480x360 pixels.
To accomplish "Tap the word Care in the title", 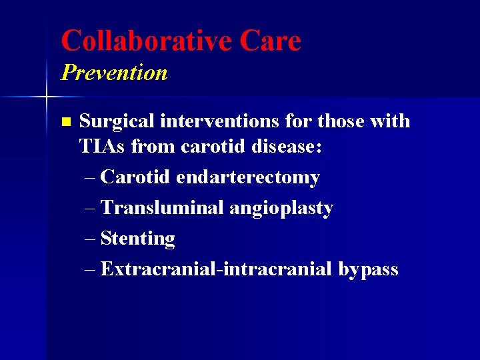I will coord(270,41).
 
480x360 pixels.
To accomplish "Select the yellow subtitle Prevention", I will coord(114,72).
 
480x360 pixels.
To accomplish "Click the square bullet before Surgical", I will coord(65,122).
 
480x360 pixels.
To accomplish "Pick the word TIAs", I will coord(101,147).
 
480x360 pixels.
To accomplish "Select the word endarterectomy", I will coord(247,177).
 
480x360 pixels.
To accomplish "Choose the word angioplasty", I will coord(281,209).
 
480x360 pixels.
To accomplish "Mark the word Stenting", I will coord(137,239).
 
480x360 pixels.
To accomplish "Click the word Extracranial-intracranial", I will coord(217,269).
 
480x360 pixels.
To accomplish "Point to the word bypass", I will coord(368,270).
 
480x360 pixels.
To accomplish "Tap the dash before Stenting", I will coord(91,239).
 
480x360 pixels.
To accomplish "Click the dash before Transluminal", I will coord(91,208).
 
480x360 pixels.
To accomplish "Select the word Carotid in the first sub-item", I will coord(136,177).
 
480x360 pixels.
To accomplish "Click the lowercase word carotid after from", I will coord(216,147).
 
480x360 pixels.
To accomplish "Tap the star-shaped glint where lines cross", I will coord(46,97).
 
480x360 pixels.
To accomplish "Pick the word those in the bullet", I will coord(341,121).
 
